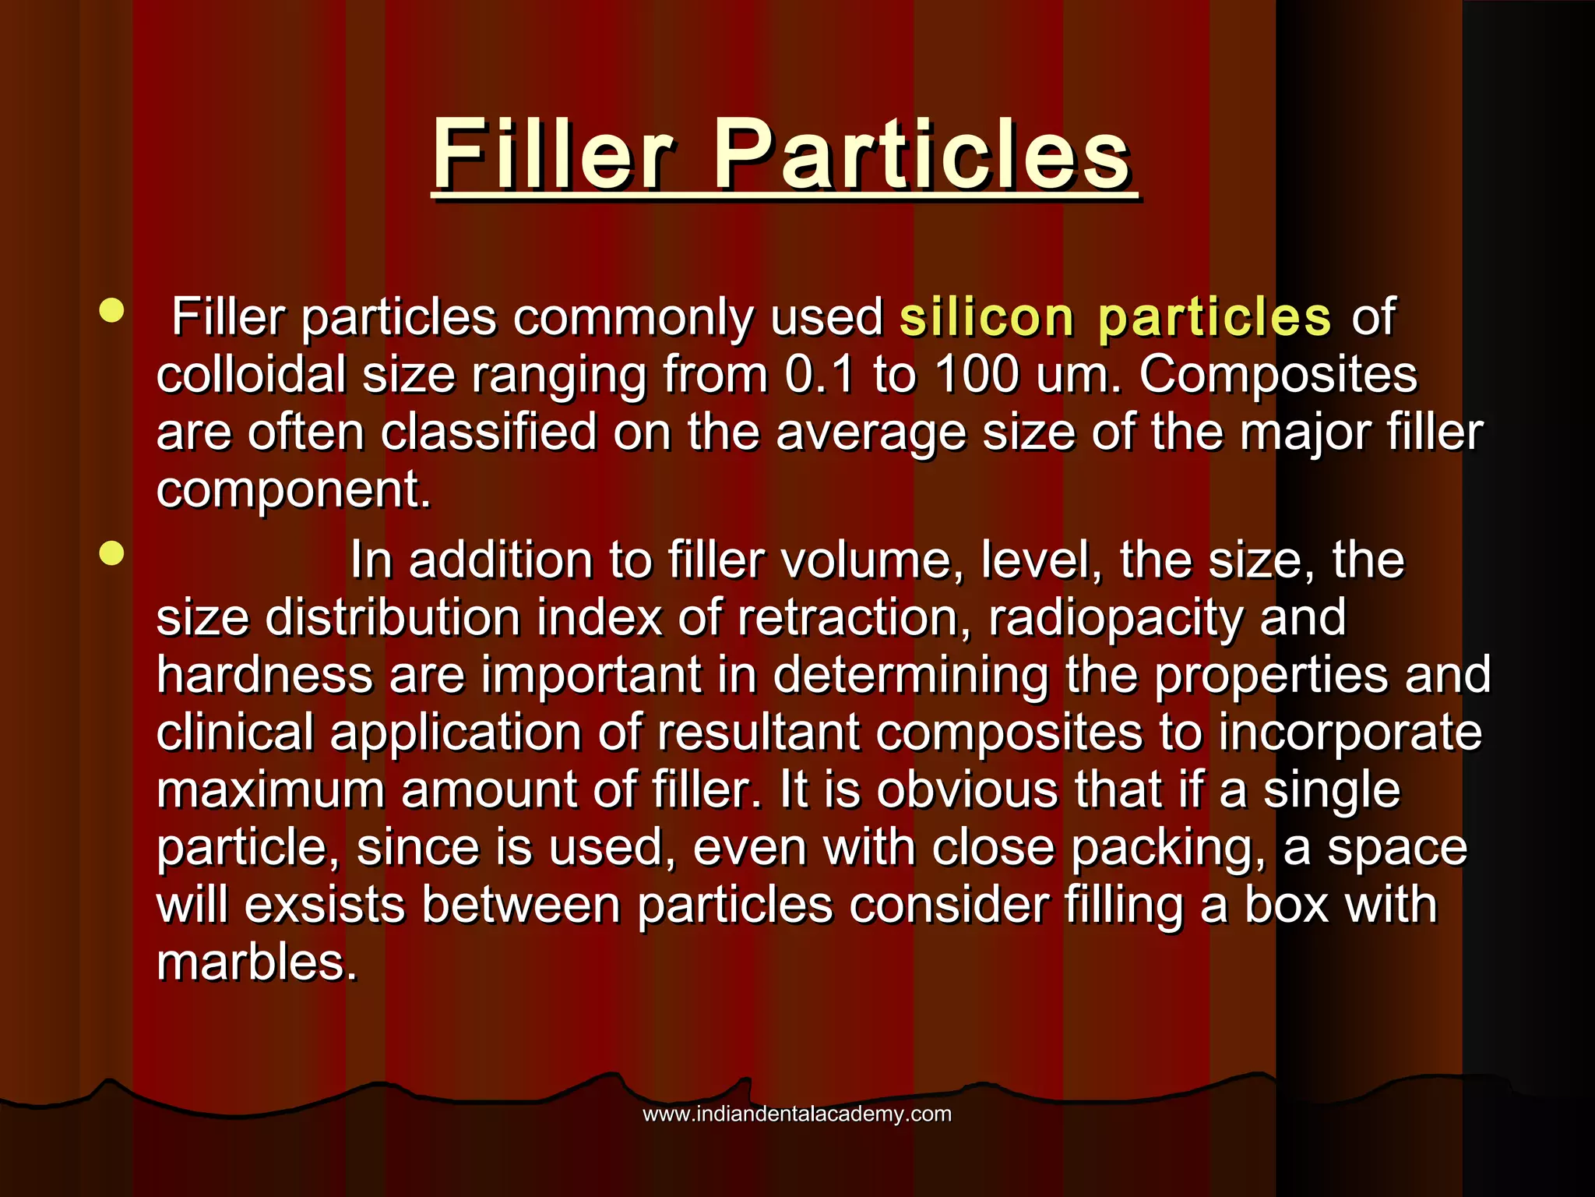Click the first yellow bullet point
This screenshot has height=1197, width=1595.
tap(112, 311)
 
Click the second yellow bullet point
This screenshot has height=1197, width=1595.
tap(112, 554)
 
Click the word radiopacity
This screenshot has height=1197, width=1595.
tap(1115, 617)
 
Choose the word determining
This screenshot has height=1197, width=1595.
tap(910, 674)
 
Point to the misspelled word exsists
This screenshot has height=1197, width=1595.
tap(325, 905)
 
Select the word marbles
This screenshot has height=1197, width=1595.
tap(256, 962)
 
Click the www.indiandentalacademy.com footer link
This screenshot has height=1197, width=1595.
tap(797, 1114)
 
